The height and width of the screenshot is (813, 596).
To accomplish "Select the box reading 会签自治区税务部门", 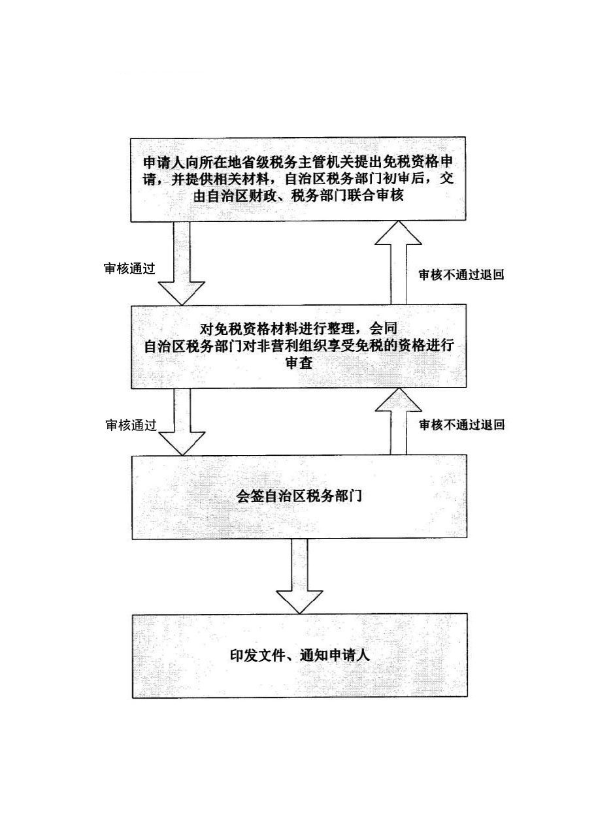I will tap(299, 496).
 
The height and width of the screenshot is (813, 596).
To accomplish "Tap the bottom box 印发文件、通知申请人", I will tap(299, 655).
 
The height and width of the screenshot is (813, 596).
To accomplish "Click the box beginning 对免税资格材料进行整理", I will tap(299, 347).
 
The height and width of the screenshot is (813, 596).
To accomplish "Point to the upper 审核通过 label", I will tap(129, 270).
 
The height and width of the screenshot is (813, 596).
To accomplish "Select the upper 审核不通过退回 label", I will tap(461, 275).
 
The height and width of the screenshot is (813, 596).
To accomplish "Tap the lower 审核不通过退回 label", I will tap(461, 425).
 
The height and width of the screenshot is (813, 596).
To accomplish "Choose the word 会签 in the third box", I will tap(250, 496).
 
